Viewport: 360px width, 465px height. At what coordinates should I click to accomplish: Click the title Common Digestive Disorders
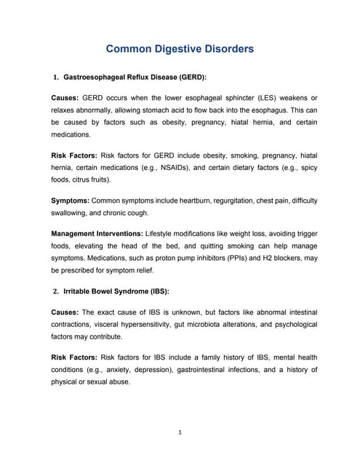(180, 49)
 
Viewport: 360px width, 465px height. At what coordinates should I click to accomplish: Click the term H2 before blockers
(261, 256)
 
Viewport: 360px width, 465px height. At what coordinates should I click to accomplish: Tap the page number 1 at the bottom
(180, 433)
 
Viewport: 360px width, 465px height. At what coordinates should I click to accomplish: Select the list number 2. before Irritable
(56, 291)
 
